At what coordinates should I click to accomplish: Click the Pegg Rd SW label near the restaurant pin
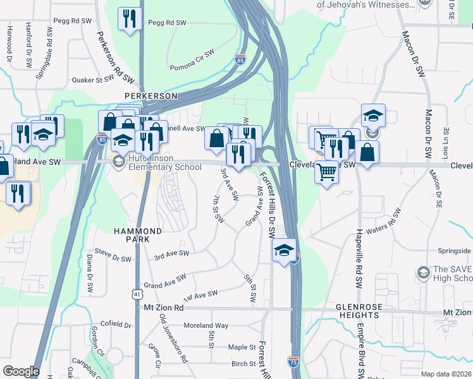click(x=167, y=23)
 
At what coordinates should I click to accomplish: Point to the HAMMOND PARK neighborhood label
click(x=132, y=236)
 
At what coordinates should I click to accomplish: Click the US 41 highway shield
click(x=138, y=293)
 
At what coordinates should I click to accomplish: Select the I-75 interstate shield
click(x=293, y=361)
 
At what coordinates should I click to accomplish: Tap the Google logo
click(x=21, y=371)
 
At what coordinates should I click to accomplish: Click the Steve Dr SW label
click(x=113, y=258)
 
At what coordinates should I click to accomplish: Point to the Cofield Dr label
click(x=115, y=325)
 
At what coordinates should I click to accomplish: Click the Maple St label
click(x=242, y=347)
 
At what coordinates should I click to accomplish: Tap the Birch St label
click(x=243, y=364)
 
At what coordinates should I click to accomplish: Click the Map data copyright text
click(x=446, y=374)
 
